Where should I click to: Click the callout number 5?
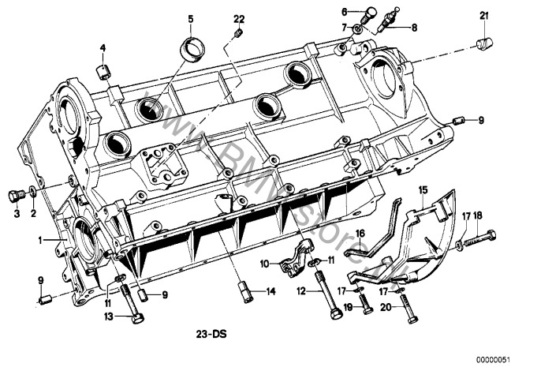190,18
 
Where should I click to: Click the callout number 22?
239,18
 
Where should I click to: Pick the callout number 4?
102,49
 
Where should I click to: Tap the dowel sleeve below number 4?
102,73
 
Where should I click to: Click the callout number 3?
16,212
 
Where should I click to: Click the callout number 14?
270,292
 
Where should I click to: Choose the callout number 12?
300,291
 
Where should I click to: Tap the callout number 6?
345,11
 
